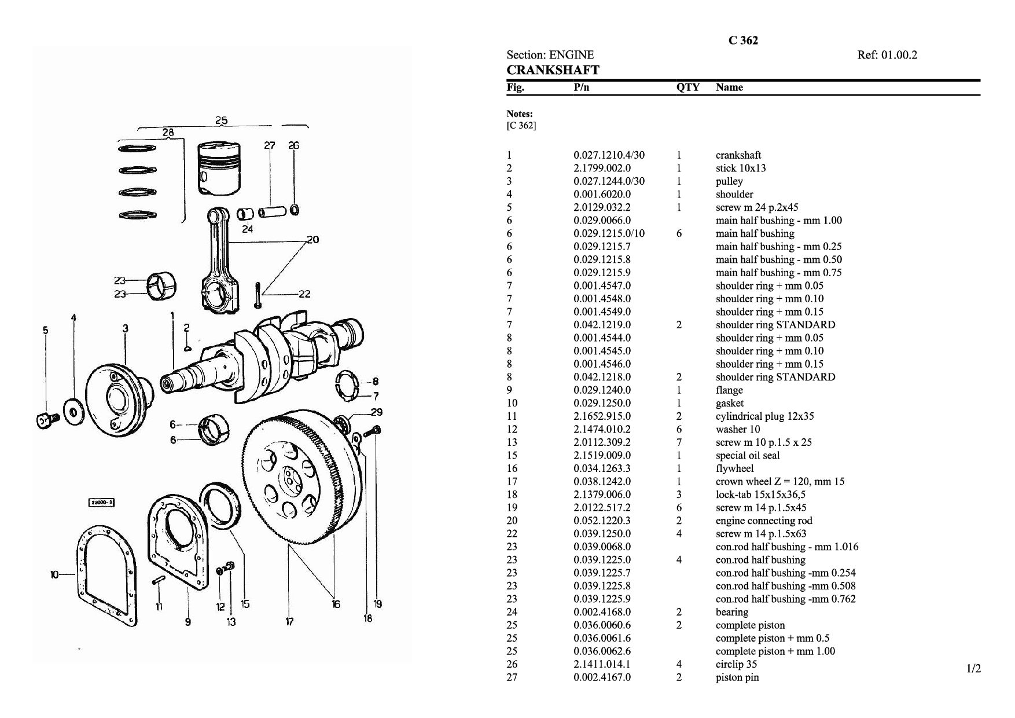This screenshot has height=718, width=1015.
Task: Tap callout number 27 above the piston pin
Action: point(270,145)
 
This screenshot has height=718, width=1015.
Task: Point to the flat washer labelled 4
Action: point(73,411)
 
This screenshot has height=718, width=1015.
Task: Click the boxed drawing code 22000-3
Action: point(102,503)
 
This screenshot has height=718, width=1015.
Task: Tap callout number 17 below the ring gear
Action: point(289,622)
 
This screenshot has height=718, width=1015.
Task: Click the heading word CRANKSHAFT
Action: point(553,71)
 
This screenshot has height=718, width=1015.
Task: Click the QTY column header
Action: point(687,87)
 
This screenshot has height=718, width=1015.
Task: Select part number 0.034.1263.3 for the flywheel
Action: point(602,468)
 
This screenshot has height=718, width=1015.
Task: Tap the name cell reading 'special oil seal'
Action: point(748,456)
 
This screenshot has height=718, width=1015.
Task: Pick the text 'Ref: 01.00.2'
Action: point(887,55)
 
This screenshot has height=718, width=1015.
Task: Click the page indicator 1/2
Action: point(974,669)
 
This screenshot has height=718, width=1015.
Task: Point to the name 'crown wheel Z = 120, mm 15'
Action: point(780,481)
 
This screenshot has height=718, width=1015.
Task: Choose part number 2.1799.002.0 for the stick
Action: point(602,168)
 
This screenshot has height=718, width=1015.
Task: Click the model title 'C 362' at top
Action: point(743,41)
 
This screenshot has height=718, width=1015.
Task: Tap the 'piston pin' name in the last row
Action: point(737,677)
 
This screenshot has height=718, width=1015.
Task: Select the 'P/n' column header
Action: point(582,87)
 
